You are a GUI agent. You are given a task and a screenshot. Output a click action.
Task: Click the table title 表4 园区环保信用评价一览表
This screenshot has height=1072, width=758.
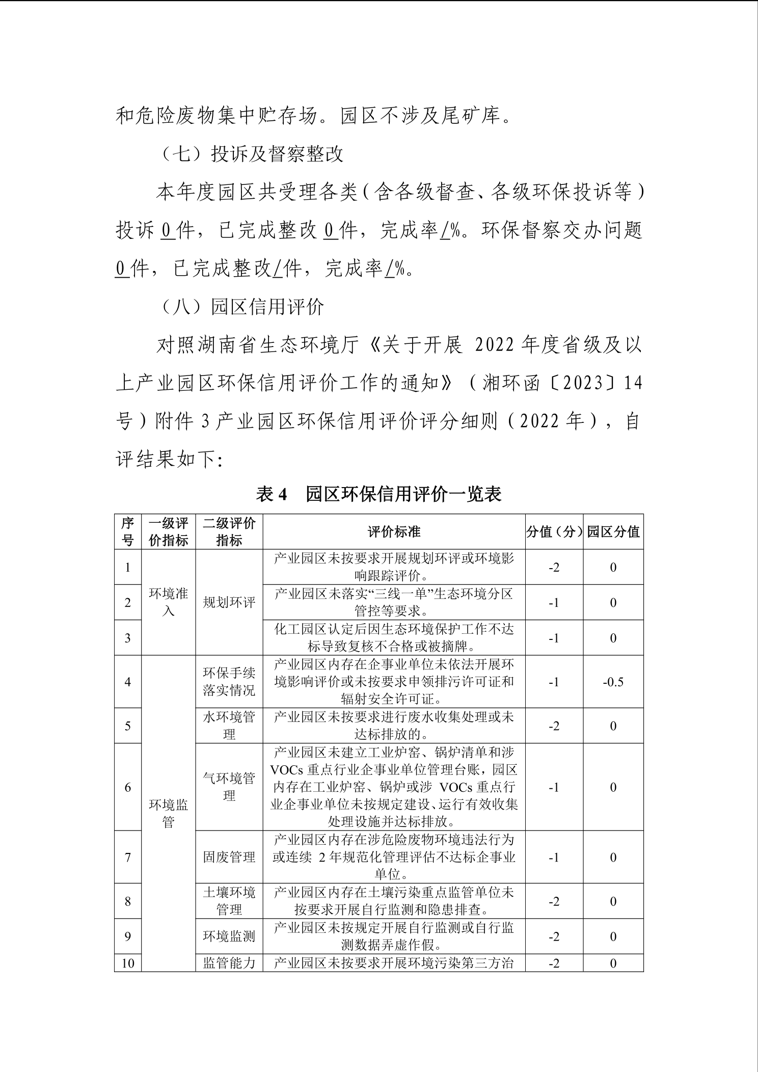pos(378,494)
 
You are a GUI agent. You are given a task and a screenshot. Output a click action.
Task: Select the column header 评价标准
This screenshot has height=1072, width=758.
pos(394,532)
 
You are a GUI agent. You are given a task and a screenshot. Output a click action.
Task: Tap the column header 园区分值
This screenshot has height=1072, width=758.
pos(613,532)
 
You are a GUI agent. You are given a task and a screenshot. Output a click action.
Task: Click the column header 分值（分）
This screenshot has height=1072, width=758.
pos(554,532)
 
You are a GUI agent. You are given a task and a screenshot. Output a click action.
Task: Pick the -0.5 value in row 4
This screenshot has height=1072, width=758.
pos(613,682)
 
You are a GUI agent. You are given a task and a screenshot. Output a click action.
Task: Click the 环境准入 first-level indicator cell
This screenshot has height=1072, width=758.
pos(168,602)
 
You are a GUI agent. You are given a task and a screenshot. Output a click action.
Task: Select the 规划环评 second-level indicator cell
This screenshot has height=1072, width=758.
pos(229,602)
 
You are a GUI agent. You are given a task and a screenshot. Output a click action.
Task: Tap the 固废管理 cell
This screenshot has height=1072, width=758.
pos(229,857)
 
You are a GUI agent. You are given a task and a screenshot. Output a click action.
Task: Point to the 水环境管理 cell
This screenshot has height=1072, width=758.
pos(229,726)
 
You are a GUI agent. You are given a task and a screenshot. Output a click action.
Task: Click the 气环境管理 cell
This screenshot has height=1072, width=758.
pos(229,787)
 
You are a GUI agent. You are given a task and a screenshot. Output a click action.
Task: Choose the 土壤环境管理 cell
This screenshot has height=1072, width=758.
pos(229,901)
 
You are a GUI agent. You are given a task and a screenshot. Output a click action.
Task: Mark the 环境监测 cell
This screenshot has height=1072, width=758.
pos(229,936)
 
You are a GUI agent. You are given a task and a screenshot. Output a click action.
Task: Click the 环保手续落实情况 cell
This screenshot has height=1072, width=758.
pos(229,682)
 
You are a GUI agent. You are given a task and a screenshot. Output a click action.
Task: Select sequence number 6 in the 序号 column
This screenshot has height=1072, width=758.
pos(128,787)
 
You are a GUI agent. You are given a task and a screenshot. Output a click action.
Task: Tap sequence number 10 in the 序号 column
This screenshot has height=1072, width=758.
pos(128,963)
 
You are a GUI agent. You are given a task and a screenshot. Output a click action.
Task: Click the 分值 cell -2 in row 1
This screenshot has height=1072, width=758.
pos(554,567)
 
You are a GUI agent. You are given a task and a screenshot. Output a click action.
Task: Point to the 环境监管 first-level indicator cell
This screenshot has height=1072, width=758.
pos(168,813)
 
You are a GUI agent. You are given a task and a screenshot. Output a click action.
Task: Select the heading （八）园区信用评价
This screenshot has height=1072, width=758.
pos(242,307)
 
